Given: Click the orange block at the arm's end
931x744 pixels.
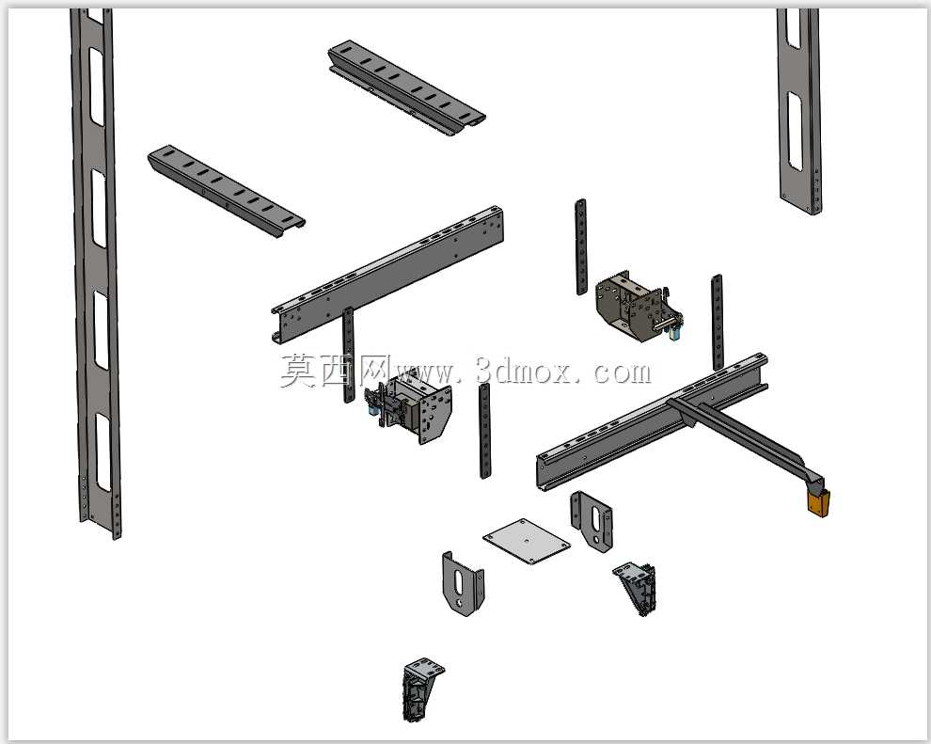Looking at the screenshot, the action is (819, 503).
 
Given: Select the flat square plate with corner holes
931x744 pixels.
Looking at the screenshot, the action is (526, 541).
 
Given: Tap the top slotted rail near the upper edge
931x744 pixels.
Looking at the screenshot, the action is (406, 87).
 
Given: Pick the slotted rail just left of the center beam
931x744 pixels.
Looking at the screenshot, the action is (226, 190).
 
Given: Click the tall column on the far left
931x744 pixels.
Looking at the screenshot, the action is (95, 273).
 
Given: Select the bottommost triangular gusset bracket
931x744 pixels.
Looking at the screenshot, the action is (423, 689).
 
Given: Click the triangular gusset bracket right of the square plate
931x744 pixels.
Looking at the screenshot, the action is (637, 589).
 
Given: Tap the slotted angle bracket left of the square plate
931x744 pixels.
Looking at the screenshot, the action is (463, 584).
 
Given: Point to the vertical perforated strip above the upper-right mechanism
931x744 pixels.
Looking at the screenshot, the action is (581, 247).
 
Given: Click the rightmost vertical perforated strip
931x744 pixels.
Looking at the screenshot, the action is (718, 323).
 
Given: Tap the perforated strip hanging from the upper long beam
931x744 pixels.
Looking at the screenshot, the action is (348, 356).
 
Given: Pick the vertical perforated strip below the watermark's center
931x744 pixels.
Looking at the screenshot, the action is (485, 431).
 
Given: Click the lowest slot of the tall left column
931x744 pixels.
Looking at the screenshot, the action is (103, 452).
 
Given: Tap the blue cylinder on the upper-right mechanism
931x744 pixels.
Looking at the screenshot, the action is (674, 333).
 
